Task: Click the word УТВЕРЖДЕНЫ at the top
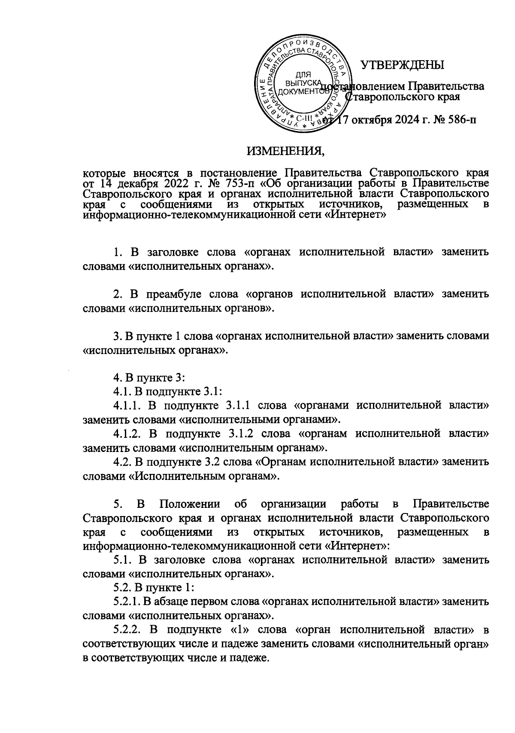click(402, 65)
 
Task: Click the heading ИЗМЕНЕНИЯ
click(285, 151)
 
